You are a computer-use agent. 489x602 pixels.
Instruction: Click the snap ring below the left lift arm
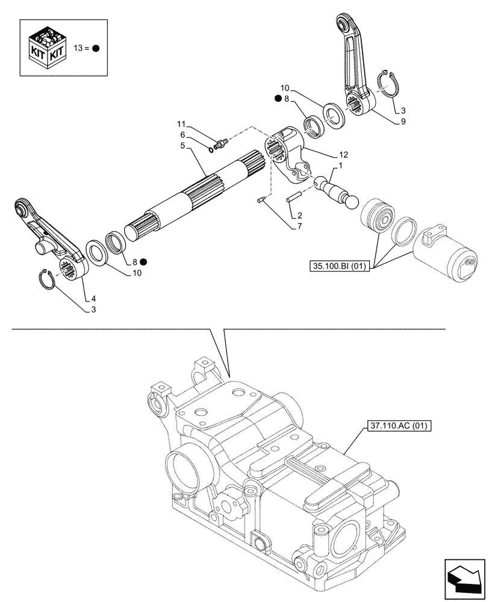pyautogui.click(x=49, y=279)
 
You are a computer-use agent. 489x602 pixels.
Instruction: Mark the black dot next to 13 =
pyautogui.click(x=96, y=49)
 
